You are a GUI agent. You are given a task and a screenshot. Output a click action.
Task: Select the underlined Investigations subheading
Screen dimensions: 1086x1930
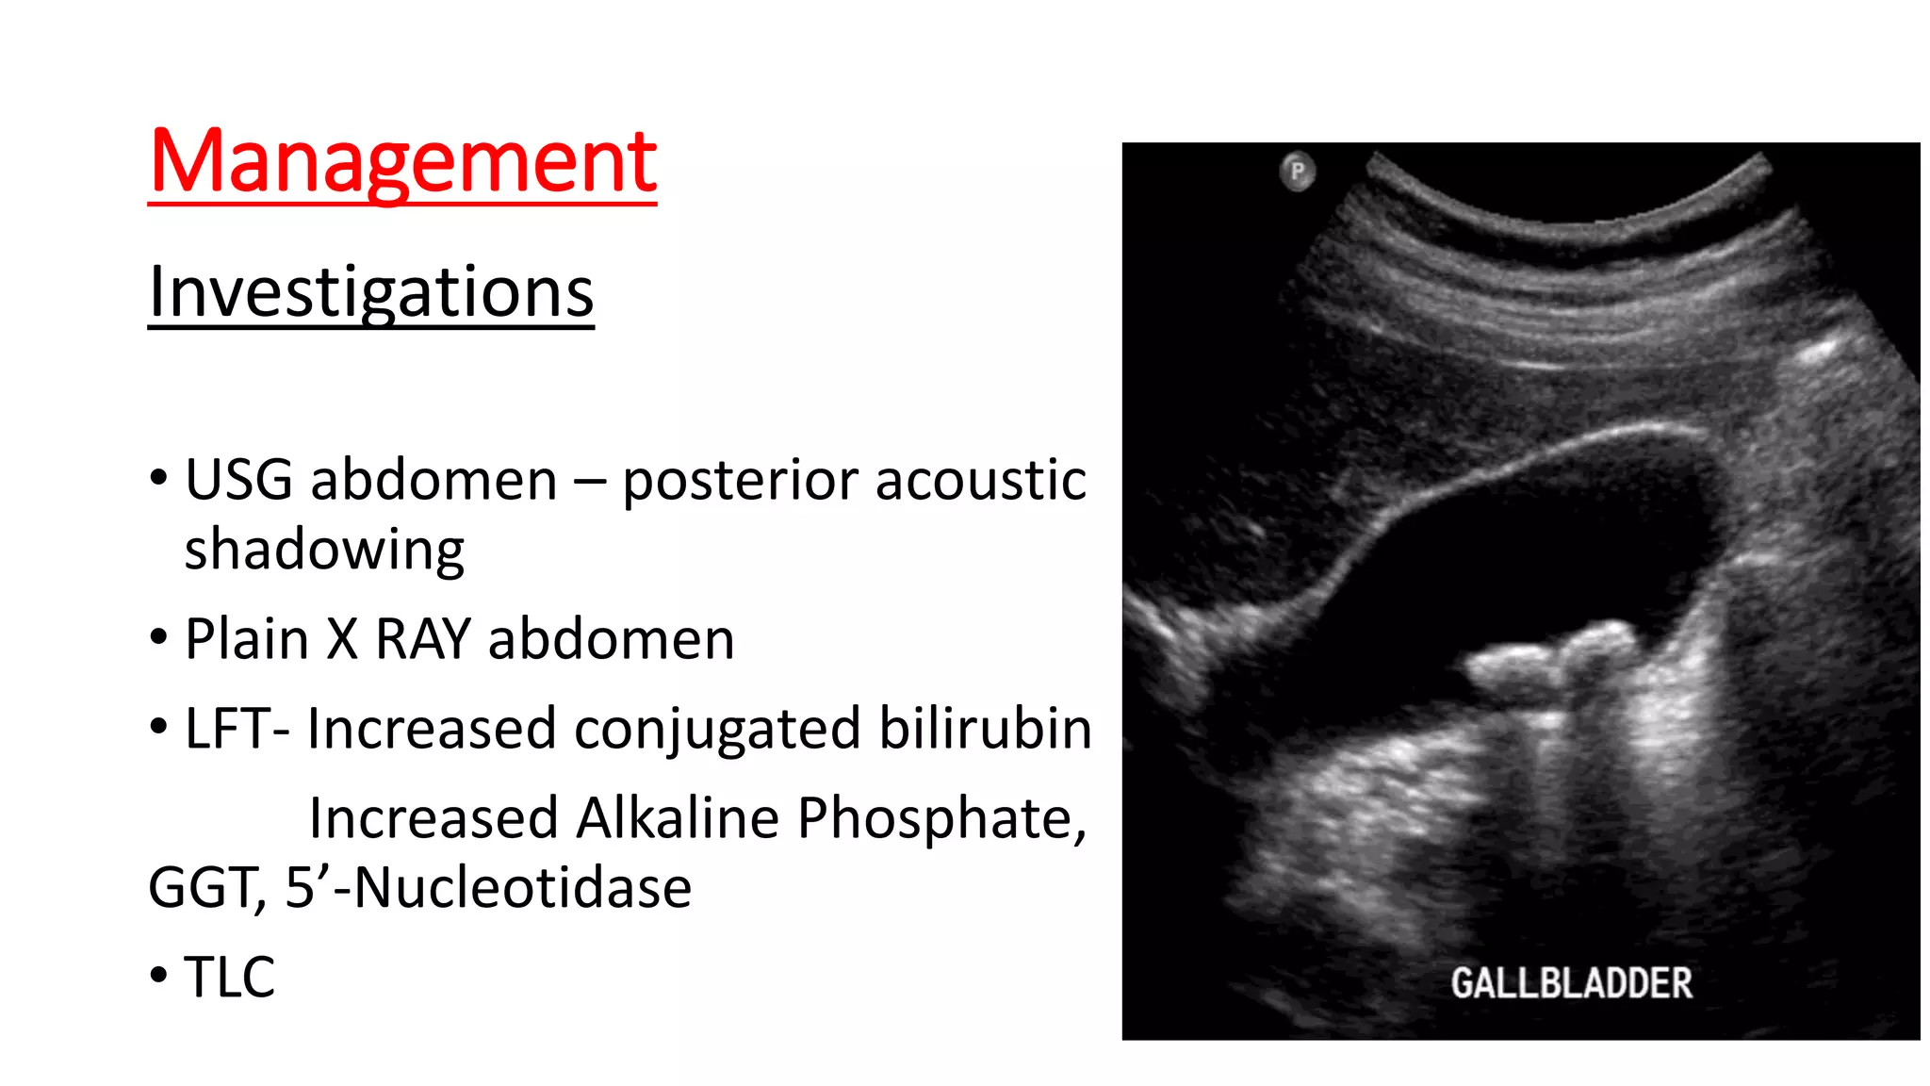pos(370,291)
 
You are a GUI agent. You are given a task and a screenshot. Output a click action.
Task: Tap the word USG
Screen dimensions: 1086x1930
pos(238,480)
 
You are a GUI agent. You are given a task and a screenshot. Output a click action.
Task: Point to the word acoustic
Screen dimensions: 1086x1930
pos(980,480)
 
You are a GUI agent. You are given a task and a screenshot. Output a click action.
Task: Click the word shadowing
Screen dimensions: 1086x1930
pos(324,551)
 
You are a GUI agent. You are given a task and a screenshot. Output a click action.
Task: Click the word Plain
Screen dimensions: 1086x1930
pos(247,639)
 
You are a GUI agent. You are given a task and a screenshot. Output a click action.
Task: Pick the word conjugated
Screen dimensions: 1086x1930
pos(716,729)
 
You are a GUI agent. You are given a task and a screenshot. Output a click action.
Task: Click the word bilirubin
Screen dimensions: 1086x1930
pos(985,729)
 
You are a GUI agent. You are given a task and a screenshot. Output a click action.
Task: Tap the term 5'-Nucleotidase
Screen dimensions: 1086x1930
pos(488,888)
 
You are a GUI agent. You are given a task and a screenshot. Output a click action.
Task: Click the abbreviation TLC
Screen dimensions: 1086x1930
pos(229,977)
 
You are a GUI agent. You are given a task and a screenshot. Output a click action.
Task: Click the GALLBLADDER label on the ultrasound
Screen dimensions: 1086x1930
pos(1571,983)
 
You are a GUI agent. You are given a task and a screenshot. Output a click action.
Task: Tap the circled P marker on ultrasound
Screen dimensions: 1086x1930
pos(1298,172)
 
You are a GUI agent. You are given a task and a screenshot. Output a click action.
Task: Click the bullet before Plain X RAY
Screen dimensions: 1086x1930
pos(158,638)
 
